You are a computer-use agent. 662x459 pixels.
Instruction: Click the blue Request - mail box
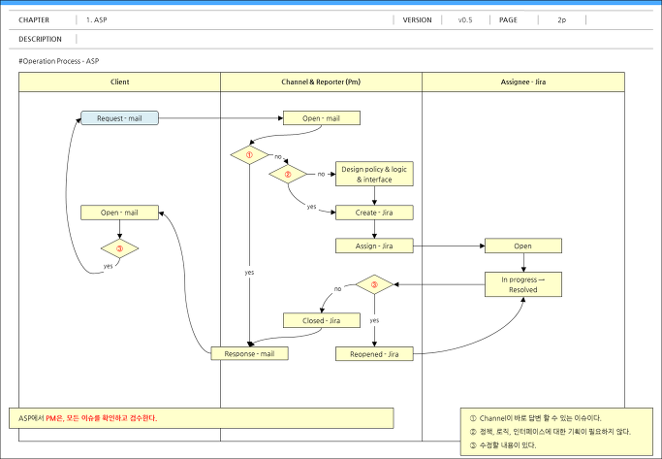point(119,118)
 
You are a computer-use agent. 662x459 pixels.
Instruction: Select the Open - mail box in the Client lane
point(119,213)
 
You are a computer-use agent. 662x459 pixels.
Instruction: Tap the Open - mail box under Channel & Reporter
point(321,118)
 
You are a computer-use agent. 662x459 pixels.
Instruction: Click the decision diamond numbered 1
point(249,154)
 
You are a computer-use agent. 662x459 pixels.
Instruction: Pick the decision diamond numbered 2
point(288,174)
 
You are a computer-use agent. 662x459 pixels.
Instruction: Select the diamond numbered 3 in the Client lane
point(119,248)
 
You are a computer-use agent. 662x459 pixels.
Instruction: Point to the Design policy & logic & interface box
point(374,174)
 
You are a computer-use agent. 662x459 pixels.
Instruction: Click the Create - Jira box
point(374,213)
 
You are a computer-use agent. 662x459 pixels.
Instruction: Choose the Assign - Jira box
point(374,246)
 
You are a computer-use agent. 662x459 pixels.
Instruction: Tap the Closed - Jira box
point(321,320)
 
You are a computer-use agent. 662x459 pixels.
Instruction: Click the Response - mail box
point(249,354)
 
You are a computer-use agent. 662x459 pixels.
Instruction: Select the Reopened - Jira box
point(374,354)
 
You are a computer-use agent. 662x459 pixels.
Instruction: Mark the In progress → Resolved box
point(523,284)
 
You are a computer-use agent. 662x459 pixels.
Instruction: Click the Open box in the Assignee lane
point(523,246)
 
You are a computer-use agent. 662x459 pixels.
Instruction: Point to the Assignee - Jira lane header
point(523,82)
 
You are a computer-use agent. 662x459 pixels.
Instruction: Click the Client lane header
point(119,82)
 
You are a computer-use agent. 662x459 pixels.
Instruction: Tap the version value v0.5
point(465,19)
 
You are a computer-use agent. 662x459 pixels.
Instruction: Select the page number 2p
point(561,19)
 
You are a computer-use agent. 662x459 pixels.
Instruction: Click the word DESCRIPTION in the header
point(40,39)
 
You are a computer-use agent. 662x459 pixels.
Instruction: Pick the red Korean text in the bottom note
point(102,418)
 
